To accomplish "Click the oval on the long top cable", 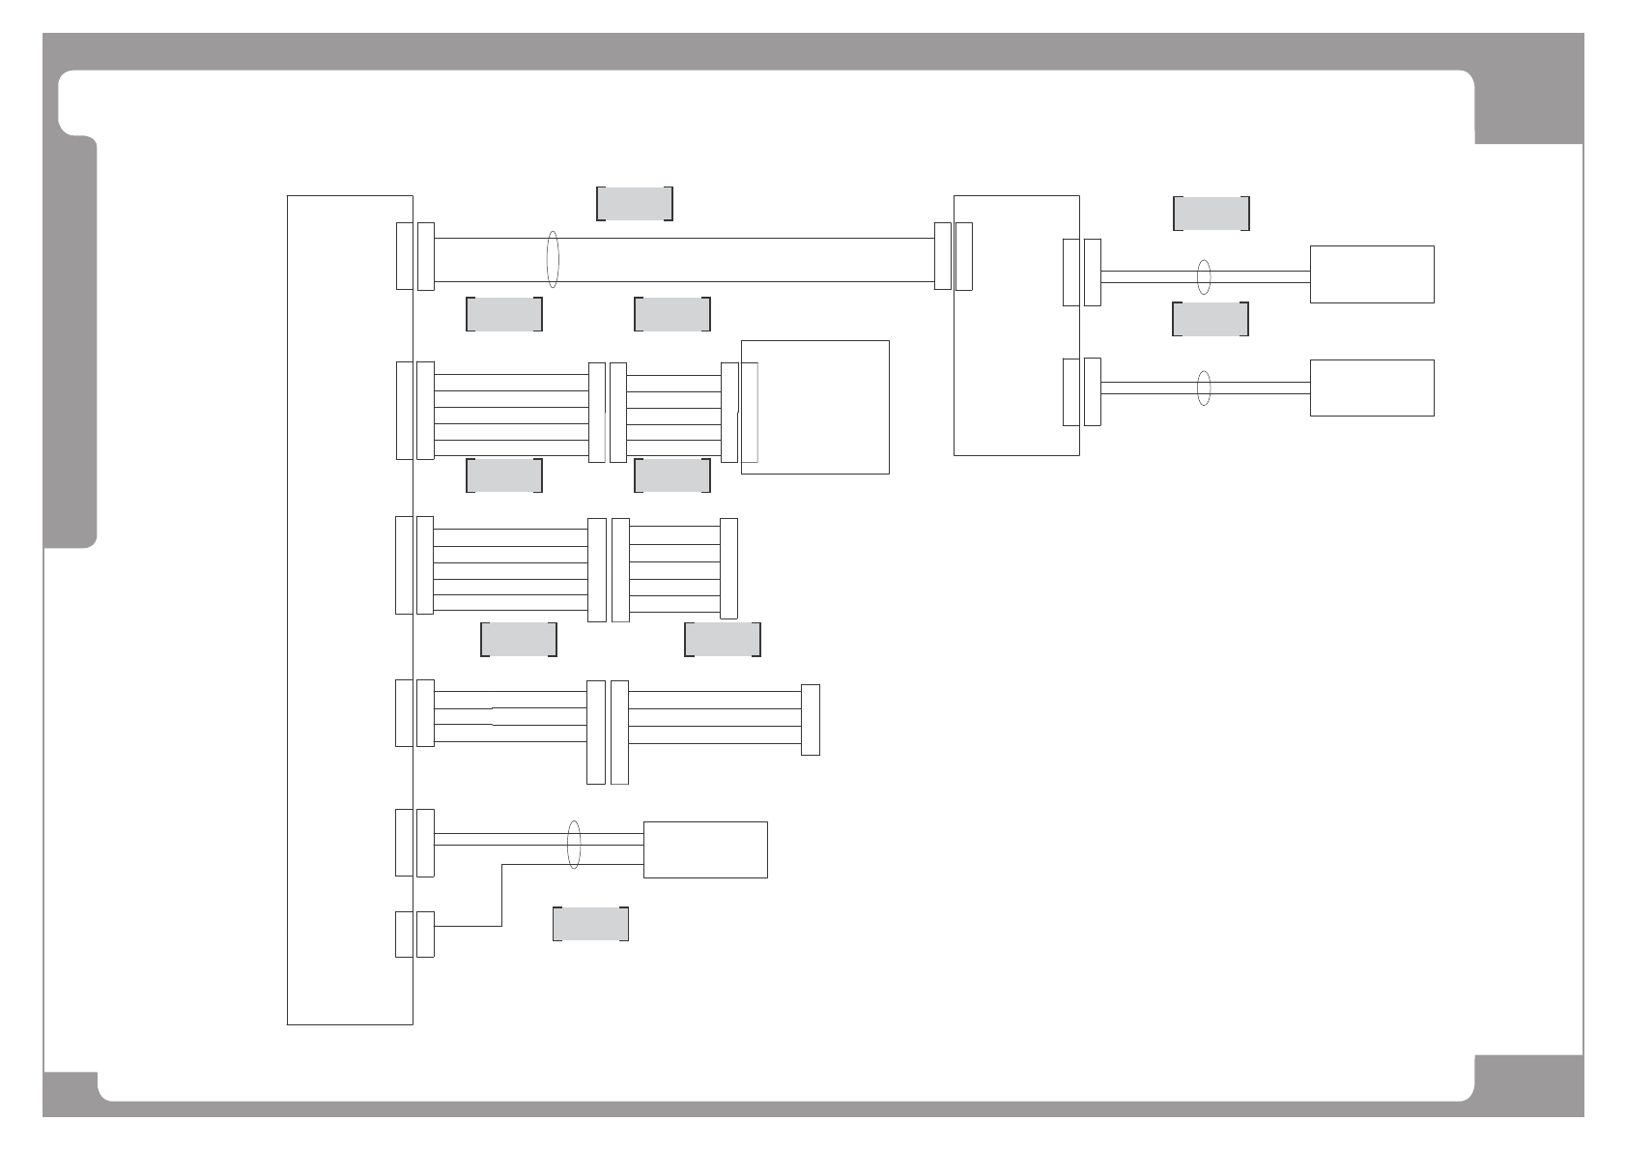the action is tap(553, 259).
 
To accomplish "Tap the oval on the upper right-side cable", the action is tap(1204, 276).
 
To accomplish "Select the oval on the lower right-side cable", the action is tap(1204, 388).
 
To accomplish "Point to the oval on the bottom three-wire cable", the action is tap(574, 845).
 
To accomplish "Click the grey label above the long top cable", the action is tap(634, 203).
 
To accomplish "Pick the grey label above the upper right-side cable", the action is tap(1211, 214).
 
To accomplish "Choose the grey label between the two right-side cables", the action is tap(1210, 319).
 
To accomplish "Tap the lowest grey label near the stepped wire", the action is tap(590, 924).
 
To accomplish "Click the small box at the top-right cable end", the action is tap(1371, 274).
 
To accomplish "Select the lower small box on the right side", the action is tap(1371, 388).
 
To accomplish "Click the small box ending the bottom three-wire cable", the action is tap(705, 849).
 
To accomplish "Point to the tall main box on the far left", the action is tap(350, 609).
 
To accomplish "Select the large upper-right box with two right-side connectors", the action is tap(1015, 325).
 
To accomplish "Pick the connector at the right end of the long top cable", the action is tap(943, 256).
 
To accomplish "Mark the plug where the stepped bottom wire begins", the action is tap(425, 934).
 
